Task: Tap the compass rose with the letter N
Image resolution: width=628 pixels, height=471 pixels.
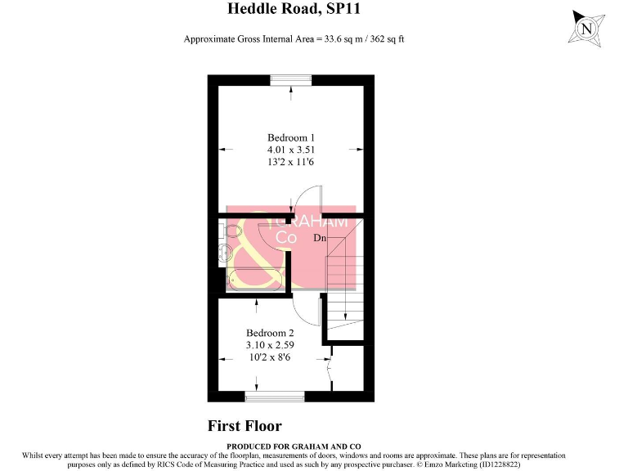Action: [x=586, y=28]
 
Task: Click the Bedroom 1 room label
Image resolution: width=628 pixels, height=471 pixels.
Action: [x=290, y=137]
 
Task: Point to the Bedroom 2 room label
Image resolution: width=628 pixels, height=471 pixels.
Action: [x=270, y=333]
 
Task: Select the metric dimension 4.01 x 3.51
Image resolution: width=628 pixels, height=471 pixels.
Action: [x=290, y=150]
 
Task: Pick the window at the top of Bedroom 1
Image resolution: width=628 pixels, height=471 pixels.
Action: [x=292, y=79]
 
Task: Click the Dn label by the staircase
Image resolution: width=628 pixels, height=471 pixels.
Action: [x=321, y=238]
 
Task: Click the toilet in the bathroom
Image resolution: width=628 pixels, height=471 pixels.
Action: [x=226, y=254]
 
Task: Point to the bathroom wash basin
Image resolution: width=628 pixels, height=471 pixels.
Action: [x=230, y=232]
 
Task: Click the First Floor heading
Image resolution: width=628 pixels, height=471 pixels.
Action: [x=244, y=426]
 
